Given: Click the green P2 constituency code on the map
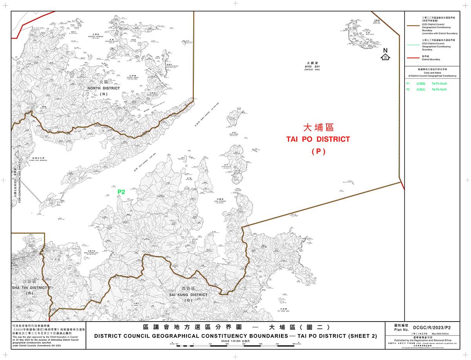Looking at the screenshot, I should click(121, 192).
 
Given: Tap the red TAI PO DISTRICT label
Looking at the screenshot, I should click(318, 140).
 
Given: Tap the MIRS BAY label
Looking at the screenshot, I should click(312, 67).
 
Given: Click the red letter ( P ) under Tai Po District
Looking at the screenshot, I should click(318, 151).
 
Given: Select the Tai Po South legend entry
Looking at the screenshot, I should click(439, 84).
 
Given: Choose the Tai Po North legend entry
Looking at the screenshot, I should click(439, 90).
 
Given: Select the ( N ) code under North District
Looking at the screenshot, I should click(104, 94).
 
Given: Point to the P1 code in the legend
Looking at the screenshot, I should click(408, 84).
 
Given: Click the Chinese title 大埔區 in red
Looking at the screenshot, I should click(318, 128).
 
